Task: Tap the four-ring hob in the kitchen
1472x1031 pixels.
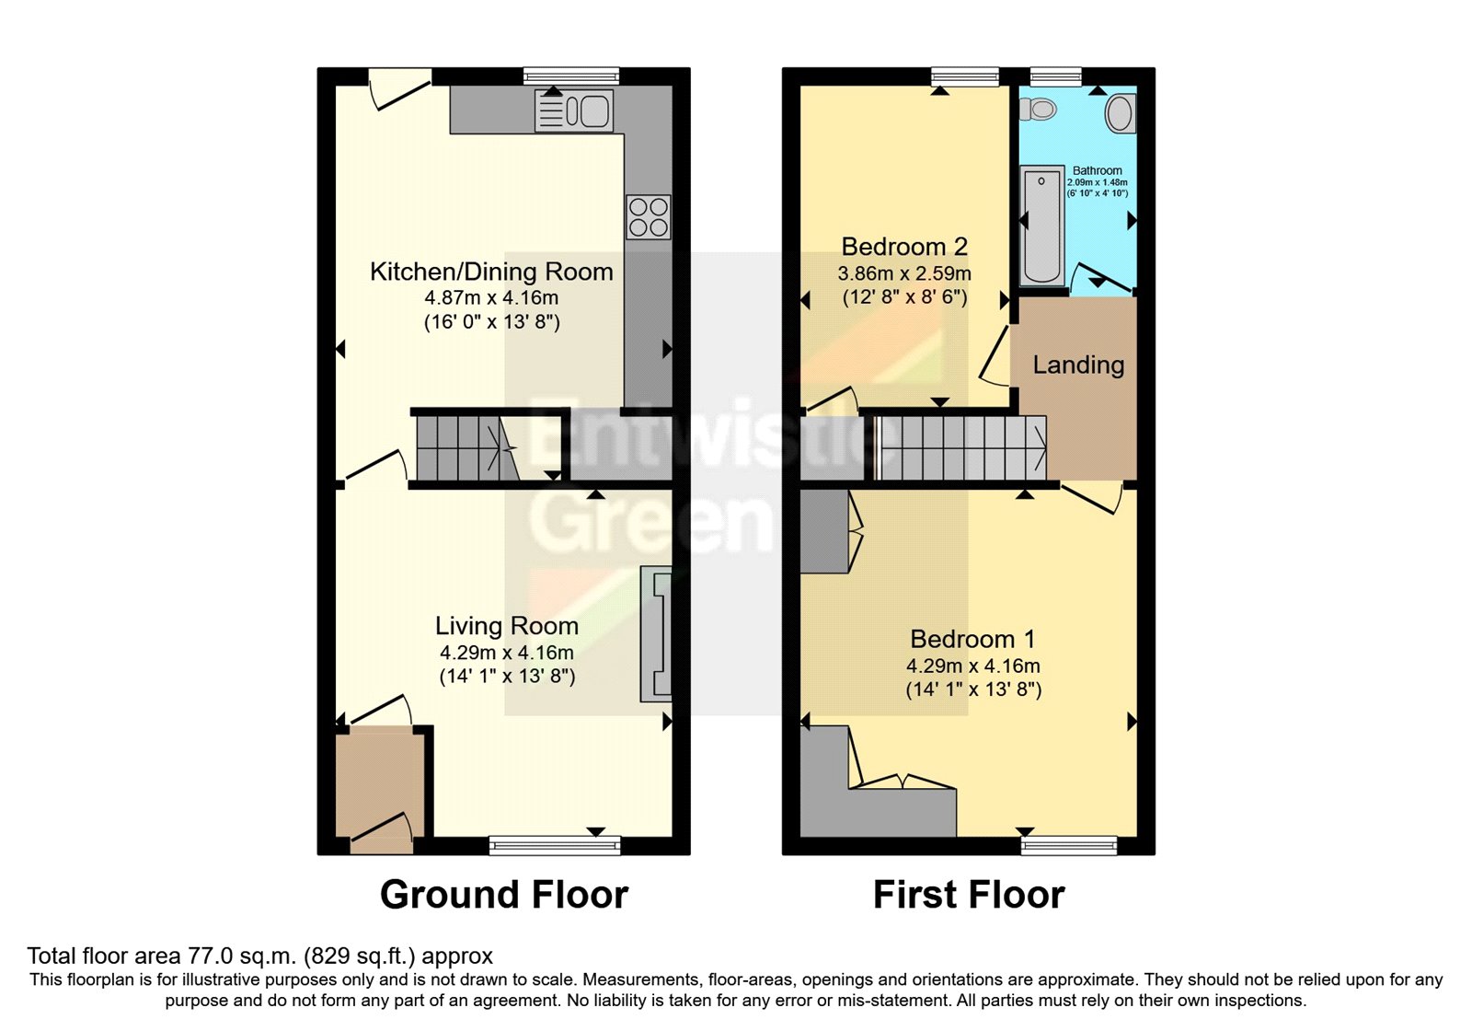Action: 648,217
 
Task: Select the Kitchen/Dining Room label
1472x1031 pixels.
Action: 491,272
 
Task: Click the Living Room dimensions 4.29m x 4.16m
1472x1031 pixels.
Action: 506,653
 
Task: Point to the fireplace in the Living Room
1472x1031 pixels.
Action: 657,634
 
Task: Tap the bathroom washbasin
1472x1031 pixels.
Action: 1119,113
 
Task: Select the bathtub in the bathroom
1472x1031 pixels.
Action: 1041,225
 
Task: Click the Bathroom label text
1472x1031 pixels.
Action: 1097,170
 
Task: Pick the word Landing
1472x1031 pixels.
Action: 1078,365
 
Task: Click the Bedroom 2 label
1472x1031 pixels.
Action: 904,247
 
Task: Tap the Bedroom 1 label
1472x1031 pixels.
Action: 972,639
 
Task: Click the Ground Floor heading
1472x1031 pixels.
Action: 504,895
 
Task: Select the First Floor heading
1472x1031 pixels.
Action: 969,895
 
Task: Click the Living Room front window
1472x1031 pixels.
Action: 555,844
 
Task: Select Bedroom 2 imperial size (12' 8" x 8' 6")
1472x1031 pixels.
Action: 904,297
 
